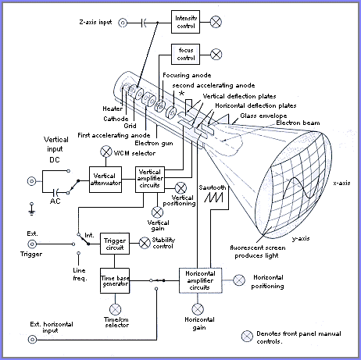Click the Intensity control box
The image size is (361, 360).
pos(185,22)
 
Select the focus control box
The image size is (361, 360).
pos(185,54)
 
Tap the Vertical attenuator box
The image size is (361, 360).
pos(105,180)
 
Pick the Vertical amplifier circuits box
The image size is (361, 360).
pos(150,180)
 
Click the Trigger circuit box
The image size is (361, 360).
pos(115,244)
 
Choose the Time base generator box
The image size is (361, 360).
pos(115,280)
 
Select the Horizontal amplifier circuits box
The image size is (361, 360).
pos(201,280)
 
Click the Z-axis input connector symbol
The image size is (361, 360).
pos(123,23)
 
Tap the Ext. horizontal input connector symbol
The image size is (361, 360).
pos(32,340)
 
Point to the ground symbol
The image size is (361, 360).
pos(31,209)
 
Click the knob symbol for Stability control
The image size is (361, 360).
pos(145,243)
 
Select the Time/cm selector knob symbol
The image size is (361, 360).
pos(115,309)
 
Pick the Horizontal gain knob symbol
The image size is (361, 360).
pos(198,309)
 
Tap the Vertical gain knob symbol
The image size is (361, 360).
pos(157,212)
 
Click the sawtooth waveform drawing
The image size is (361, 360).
pos(213,198)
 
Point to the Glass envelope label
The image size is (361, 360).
pos(263,116)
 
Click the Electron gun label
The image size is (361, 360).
pos(154,143)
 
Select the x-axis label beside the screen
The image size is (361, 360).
pos(341,183)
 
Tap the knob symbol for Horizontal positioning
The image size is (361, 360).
pos(239,280)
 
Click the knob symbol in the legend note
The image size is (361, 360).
pos(247,337)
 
